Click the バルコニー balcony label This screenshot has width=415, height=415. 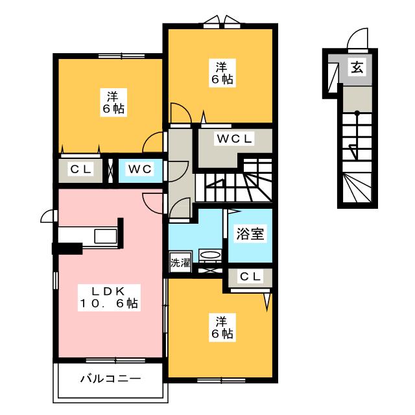(110, 377)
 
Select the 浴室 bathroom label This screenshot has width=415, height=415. (250, 235)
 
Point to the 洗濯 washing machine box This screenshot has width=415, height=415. (180, 264)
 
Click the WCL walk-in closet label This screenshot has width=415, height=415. (234, 138)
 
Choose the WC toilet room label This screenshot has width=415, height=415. (139, 169)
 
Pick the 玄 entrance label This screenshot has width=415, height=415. (356, 67)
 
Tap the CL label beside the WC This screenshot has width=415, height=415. (82, 169)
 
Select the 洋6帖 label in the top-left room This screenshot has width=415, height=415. (112, 102)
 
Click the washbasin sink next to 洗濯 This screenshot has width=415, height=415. (210, 255)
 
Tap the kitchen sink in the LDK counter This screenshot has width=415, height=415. (105, 236)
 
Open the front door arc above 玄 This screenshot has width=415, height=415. (357, 40)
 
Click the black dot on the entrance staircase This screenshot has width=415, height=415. (355, 115)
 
